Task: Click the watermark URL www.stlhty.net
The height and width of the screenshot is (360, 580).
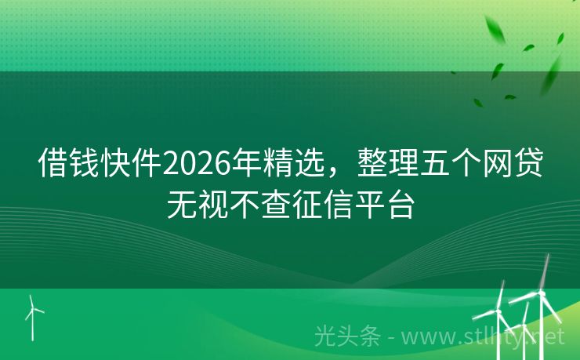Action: tap(487, 337)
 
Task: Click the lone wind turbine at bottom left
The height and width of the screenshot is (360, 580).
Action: tap(32, 318)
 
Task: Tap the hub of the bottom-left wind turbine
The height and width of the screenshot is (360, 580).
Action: tap(32, 308)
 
